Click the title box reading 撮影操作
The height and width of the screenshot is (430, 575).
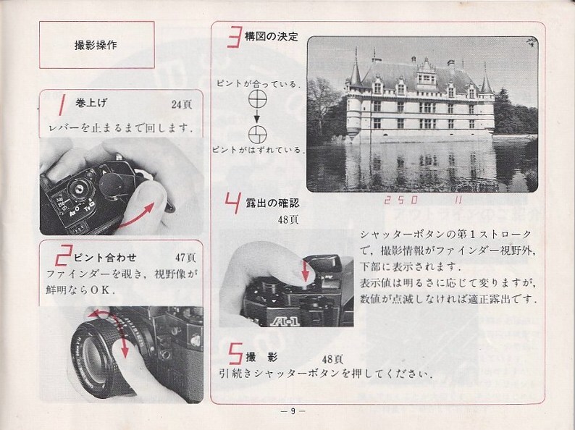point(97,45)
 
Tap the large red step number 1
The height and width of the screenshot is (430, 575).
point(62,104)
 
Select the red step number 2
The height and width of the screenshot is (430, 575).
point(63,255)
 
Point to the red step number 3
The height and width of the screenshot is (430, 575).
point(235,37)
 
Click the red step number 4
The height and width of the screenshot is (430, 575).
point(234,203)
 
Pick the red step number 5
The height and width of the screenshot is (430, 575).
point(235,353)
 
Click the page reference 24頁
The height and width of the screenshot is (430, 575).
point(182,105)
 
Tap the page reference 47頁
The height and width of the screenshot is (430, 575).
point(185,258)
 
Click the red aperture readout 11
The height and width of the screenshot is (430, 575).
point(458,200)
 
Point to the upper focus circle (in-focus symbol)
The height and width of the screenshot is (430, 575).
point(257,99)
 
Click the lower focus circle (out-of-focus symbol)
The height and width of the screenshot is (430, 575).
point(257,135)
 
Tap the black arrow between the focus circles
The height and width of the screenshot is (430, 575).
point(257,116)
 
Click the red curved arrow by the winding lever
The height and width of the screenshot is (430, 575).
point(135,217)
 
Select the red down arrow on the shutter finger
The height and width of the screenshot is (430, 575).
point(305,271)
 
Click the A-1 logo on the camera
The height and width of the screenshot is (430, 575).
point(285,321)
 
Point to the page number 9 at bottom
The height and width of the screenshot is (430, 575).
point(293,411)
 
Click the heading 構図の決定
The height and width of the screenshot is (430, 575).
point(272,37)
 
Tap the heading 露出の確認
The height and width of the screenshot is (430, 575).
point(272,203)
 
